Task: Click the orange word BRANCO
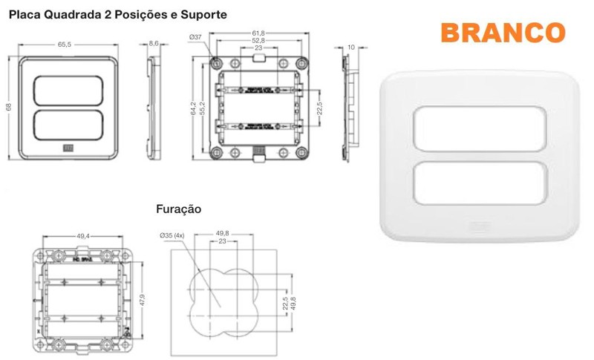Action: click(x=503, y=33)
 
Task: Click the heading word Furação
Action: click(x=179, y=209)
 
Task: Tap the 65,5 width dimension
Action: click(x=65, y=44)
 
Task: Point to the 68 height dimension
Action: click(x=9, y=107)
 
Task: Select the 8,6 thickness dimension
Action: click(x=154, y=44)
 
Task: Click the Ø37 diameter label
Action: click(x=196, y=36)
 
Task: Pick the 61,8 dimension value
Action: click(x=258, y=33)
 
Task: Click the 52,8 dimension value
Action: click(x=258, y=41)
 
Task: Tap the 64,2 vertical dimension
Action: click(x=192, y=108)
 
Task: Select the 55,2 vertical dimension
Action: click(x=201, y=108)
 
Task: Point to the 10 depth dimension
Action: click(x=350, y=47)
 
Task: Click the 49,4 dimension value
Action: click(x=83, y=236)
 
